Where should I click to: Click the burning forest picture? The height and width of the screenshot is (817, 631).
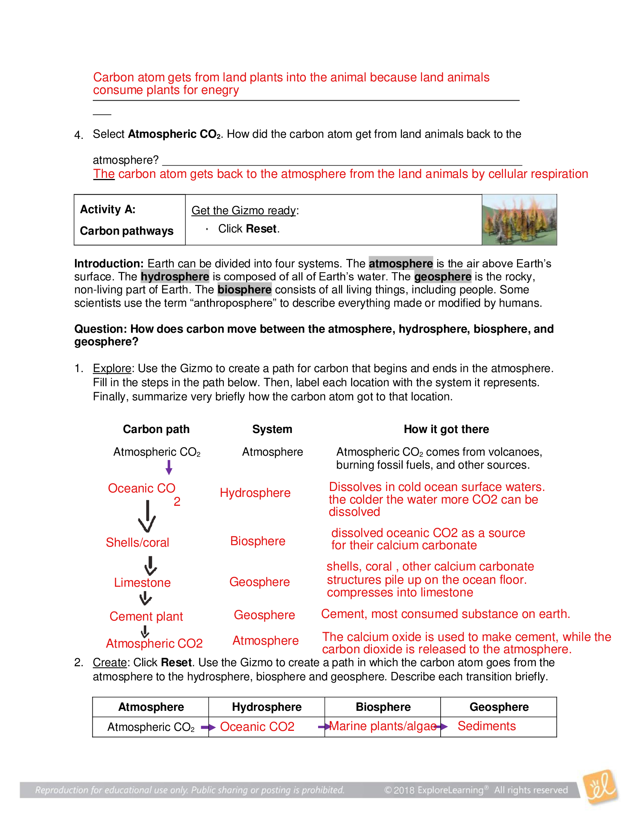[x=519, y=219]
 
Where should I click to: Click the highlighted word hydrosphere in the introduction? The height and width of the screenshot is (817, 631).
[x=174, y=276]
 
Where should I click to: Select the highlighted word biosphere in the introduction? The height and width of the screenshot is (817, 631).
[x=244, y=290]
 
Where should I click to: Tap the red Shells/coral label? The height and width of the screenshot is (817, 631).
[x=137, y=543]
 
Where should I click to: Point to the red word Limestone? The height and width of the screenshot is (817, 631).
[x=142, y=582]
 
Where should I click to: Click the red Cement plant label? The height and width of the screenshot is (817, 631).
[x=146, y=616]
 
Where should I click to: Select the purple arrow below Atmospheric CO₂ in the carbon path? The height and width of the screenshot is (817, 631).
[x=169, y=467]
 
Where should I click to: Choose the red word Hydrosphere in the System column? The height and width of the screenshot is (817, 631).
[x=255, y=493]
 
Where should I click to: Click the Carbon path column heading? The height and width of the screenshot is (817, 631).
[x=156, y=429]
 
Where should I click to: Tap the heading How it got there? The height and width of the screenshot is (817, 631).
[x=446, y=429]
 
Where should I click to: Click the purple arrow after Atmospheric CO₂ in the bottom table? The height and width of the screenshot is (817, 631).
[x=208, y=727]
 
